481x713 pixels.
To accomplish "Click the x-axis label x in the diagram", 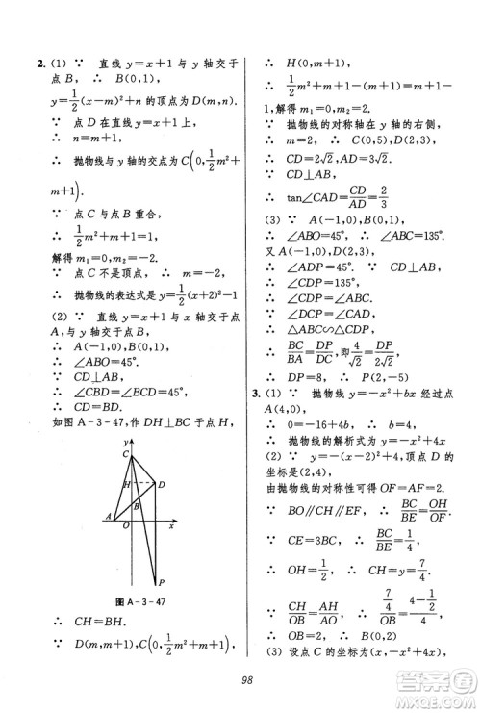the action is point(170,526).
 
